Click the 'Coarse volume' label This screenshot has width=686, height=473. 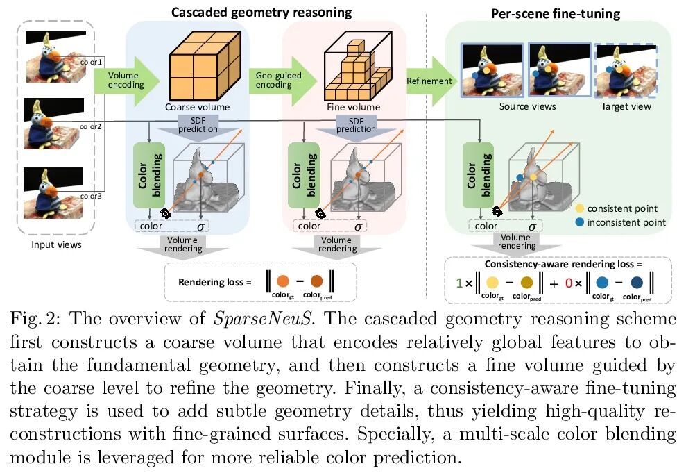[197, 108]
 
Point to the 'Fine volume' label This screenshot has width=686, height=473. [353, 108]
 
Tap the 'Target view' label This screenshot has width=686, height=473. [627, 107]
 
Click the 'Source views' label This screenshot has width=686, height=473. [527, 107]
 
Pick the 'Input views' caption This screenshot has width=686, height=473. [56, 244]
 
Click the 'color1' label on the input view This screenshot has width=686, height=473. [91, 62]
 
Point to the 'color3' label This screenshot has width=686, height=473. [91, 196]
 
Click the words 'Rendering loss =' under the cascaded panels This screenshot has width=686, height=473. [209, 282]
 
